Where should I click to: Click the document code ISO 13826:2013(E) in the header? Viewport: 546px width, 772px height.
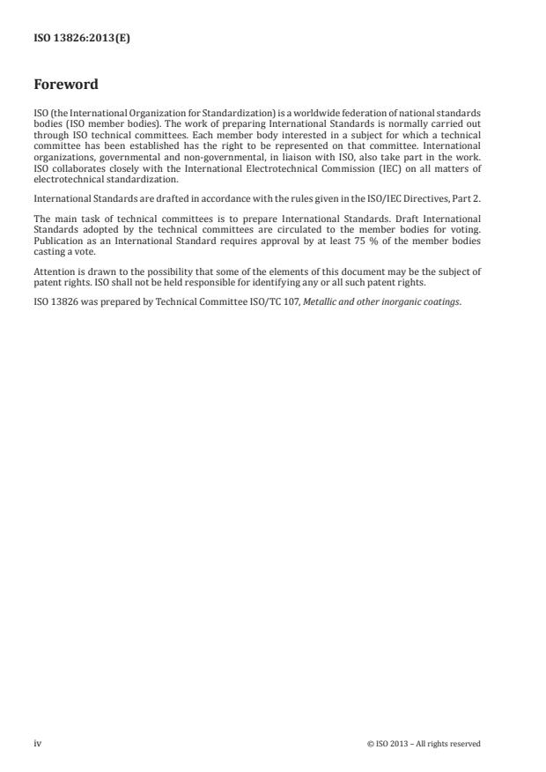pos(82,38)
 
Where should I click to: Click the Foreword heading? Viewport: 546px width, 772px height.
pos(65,85)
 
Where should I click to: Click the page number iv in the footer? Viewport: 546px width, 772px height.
pos(37,743)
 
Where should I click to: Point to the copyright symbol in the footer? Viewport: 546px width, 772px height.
pos(370,744)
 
